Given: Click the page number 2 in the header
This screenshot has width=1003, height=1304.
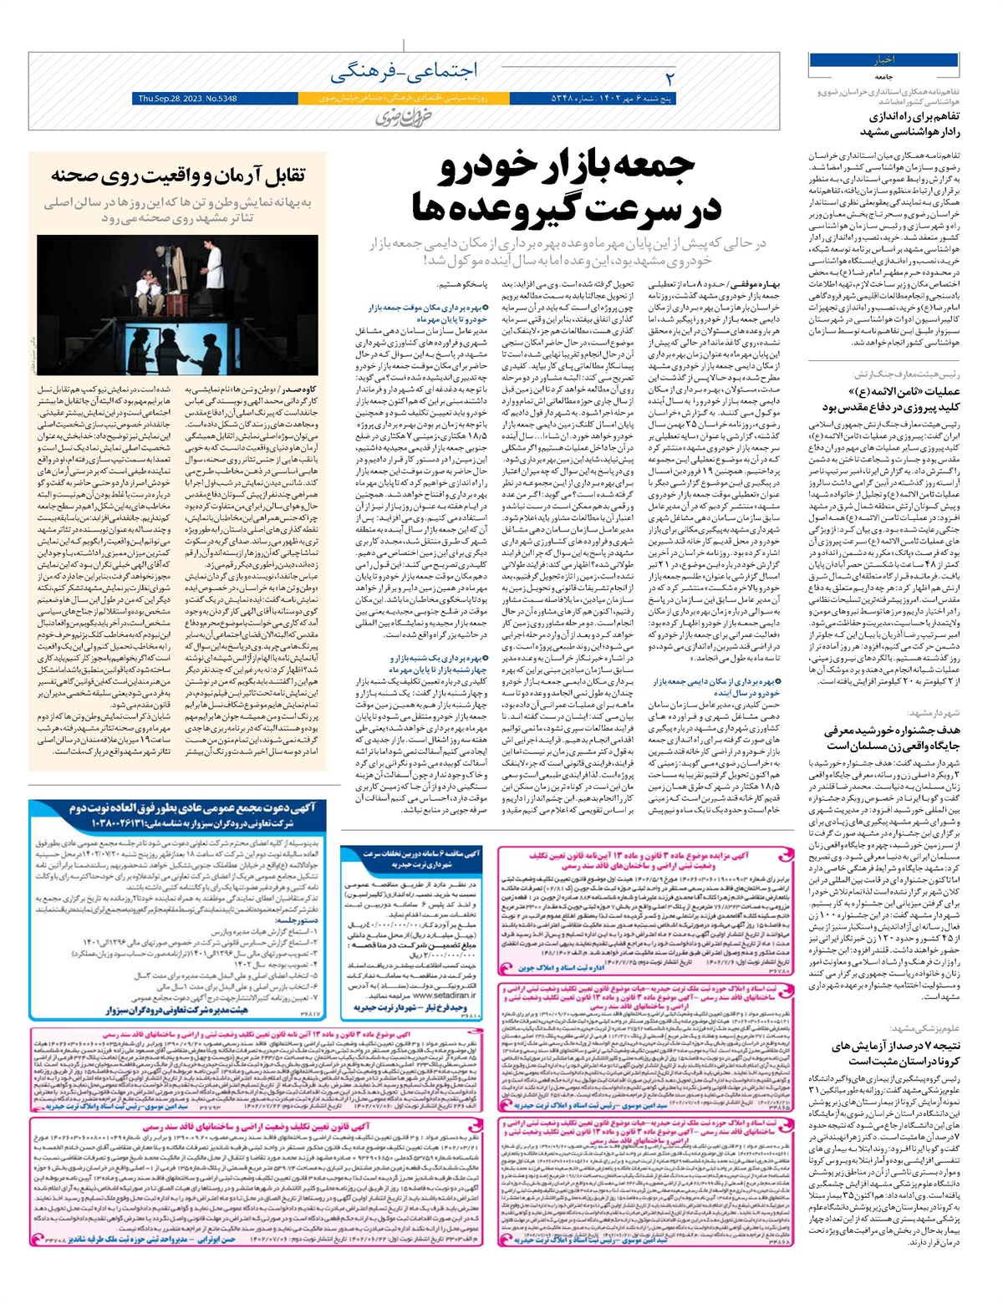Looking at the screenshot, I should [x=669, y=78].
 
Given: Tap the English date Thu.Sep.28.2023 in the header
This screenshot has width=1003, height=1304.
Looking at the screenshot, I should [x=186, y=99].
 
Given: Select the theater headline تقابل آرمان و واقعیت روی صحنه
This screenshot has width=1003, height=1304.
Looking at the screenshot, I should [x=178, y=176].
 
